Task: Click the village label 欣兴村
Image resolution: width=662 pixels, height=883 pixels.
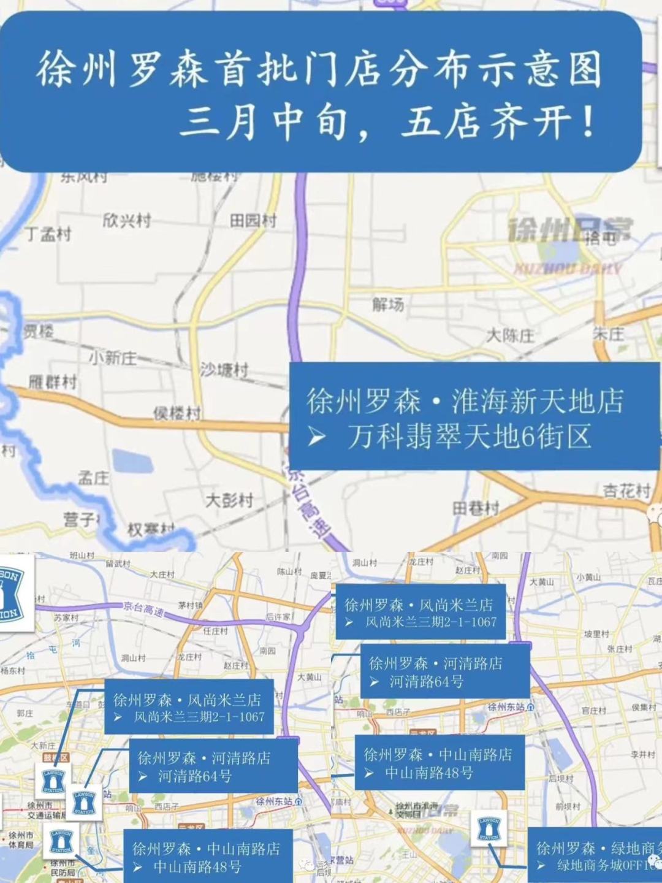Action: pos(126,220)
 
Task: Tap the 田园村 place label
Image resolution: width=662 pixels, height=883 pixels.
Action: pos(253,220)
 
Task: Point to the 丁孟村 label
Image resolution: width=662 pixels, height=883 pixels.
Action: pos(48,234)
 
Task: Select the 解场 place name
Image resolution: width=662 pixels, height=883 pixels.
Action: pos(388,304)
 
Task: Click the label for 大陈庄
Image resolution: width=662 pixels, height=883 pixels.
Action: pos(510,335)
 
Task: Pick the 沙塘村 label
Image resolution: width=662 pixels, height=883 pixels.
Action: pos(224,369)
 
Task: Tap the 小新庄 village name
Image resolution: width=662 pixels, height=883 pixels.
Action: pos(113,357)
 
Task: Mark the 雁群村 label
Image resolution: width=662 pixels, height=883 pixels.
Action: pos(53,382)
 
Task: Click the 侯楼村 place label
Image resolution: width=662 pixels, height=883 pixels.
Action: pos(177,413)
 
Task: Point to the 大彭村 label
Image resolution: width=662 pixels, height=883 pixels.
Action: pos(229,500)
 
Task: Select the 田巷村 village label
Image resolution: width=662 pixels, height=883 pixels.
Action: pos(476,508)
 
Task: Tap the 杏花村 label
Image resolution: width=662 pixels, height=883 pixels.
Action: pos(626,491)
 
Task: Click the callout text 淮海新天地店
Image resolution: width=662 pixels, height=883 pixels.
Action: pos(537,402)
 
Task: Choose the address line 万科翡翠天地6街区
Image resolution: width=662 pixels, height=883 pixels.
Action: pos(469,437)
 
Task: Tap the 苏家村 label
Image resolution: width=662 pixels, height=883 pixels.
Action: pos(66,618)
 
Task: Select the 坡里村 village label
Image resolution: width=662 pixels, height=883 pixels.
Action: pos(596,633)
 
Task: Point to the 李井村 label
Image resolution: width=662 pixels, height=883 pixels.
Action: pos(643,754)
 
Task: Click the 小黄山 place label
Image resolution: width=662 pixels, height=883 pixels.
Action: pos(588,577)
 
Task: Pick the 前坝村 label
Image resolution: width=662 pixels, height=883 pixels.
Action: pos(568,806)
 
